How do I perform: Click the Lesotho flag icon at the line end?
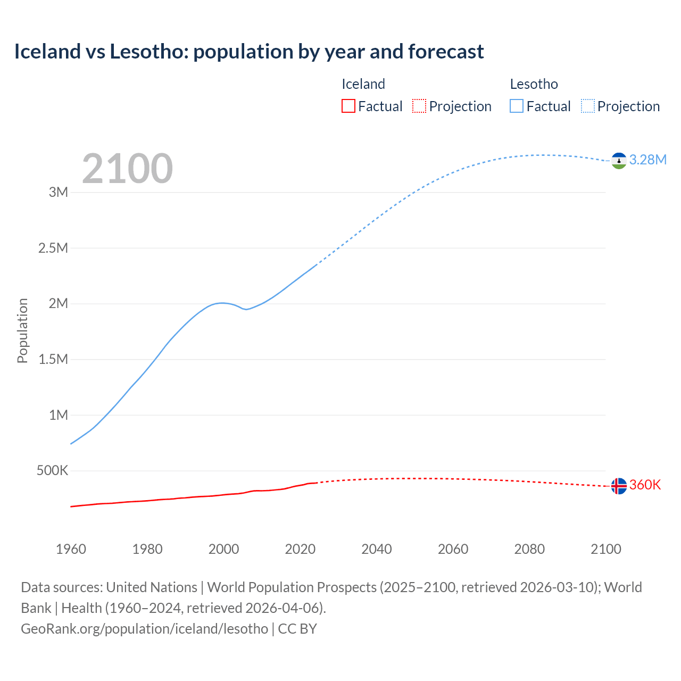coord(619,161)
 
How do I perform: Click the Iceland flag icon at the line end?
coord(619,486)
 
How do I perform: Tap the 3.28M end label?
coord(647,160)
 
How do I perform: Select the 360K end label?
coord(645,485)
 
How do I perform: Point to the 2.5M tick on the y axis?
coord(53,248)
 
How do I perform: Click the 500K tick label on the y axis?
coord(52,470)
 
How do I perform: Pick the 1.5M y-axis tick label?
coord(53,359)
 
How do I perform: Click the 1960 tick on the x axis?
coord(71,549)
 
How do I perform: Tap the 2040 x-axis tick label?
coord(377,549)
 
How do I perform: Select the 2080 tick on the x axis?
coord(529,549)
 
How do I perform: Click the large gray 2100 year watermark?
coord(127,169)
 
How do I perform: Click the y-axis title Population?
coord(22,330)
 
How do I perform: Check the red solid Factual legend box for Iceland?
coord(348,106)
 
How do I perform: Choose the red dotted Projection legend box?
coord(419,106)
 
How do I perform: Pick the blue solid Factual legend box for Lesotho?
coord(516,106)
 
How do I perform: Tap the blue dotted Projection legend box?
coord(587,106)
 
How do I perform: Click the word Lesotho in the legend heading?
coord(534,84)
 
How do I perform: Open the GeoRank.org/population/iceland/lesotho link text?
coord(144,628)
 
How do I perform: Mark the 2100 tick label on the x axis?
coord(606,549)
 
